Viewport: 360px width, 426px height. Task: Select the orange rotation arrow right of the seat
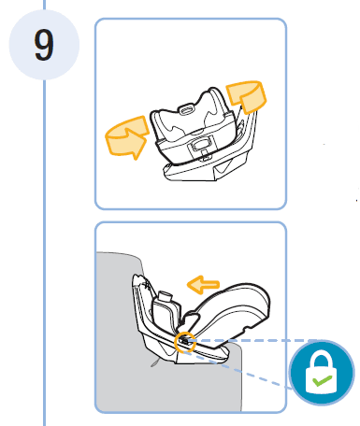point(246,97)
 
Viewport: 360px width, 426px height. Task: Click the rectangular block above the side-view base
point(166,306)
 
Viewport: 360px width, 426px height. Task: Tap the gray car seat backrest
point(117,299)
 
